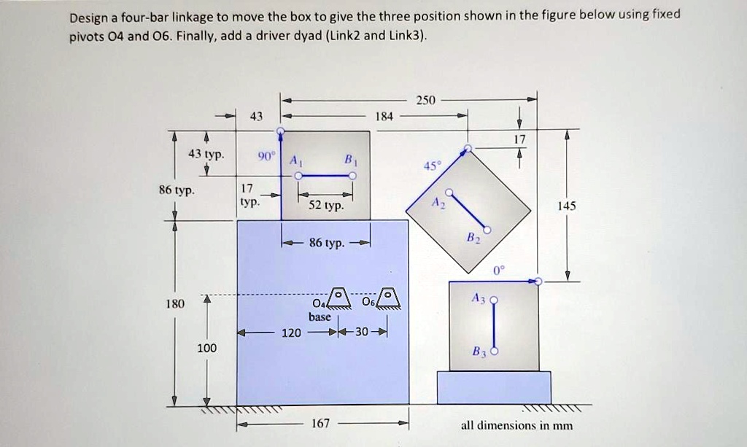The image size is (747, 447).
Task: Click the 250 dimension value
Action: click(x=425, y=101)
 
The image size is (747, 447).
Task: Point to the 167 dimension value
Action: click(x=321, y=423)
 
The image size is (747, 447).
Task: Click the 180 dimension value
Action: click(x=176, y=303)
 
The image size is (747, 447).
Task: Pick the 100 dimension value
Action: click(x=206, y=349)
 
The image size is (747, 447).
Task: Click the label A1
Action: click(x=293, y=160)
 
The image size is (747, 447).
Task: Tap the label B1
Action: click(x=349, y=160)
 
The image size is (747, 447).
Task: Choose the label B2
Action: click(x=472, y=238)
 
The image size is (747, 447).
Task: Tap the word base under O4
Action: click(x=320, y=317)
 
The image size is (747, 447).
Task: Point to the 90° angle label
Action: click(x=266, y=157)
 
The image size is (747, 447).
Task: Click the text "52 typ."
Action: click(x=325, y=206)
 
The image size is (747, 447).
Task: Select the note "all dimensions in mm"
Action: click(x=516, y=425)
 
